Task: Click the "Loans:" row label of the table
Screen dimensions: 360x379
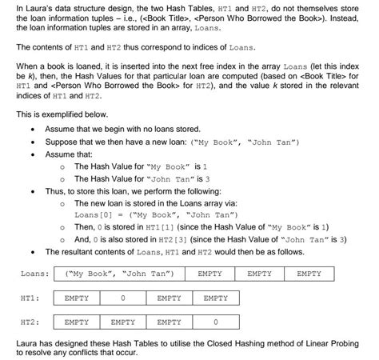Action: pos(36,274)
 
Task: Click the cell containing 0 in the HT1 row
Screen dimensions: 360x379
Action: pos(122,298)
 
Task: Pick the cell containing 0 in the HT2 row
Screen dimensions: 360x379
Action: pos(216,322)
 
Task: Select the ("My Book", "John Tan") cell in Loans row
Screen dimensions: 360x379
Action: pos(119,274)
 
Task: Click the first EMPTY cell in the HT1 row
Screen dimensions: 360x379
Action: pos(76,298)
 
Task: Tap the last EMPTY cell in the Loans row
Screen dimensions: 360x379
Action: pos(309,274)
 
